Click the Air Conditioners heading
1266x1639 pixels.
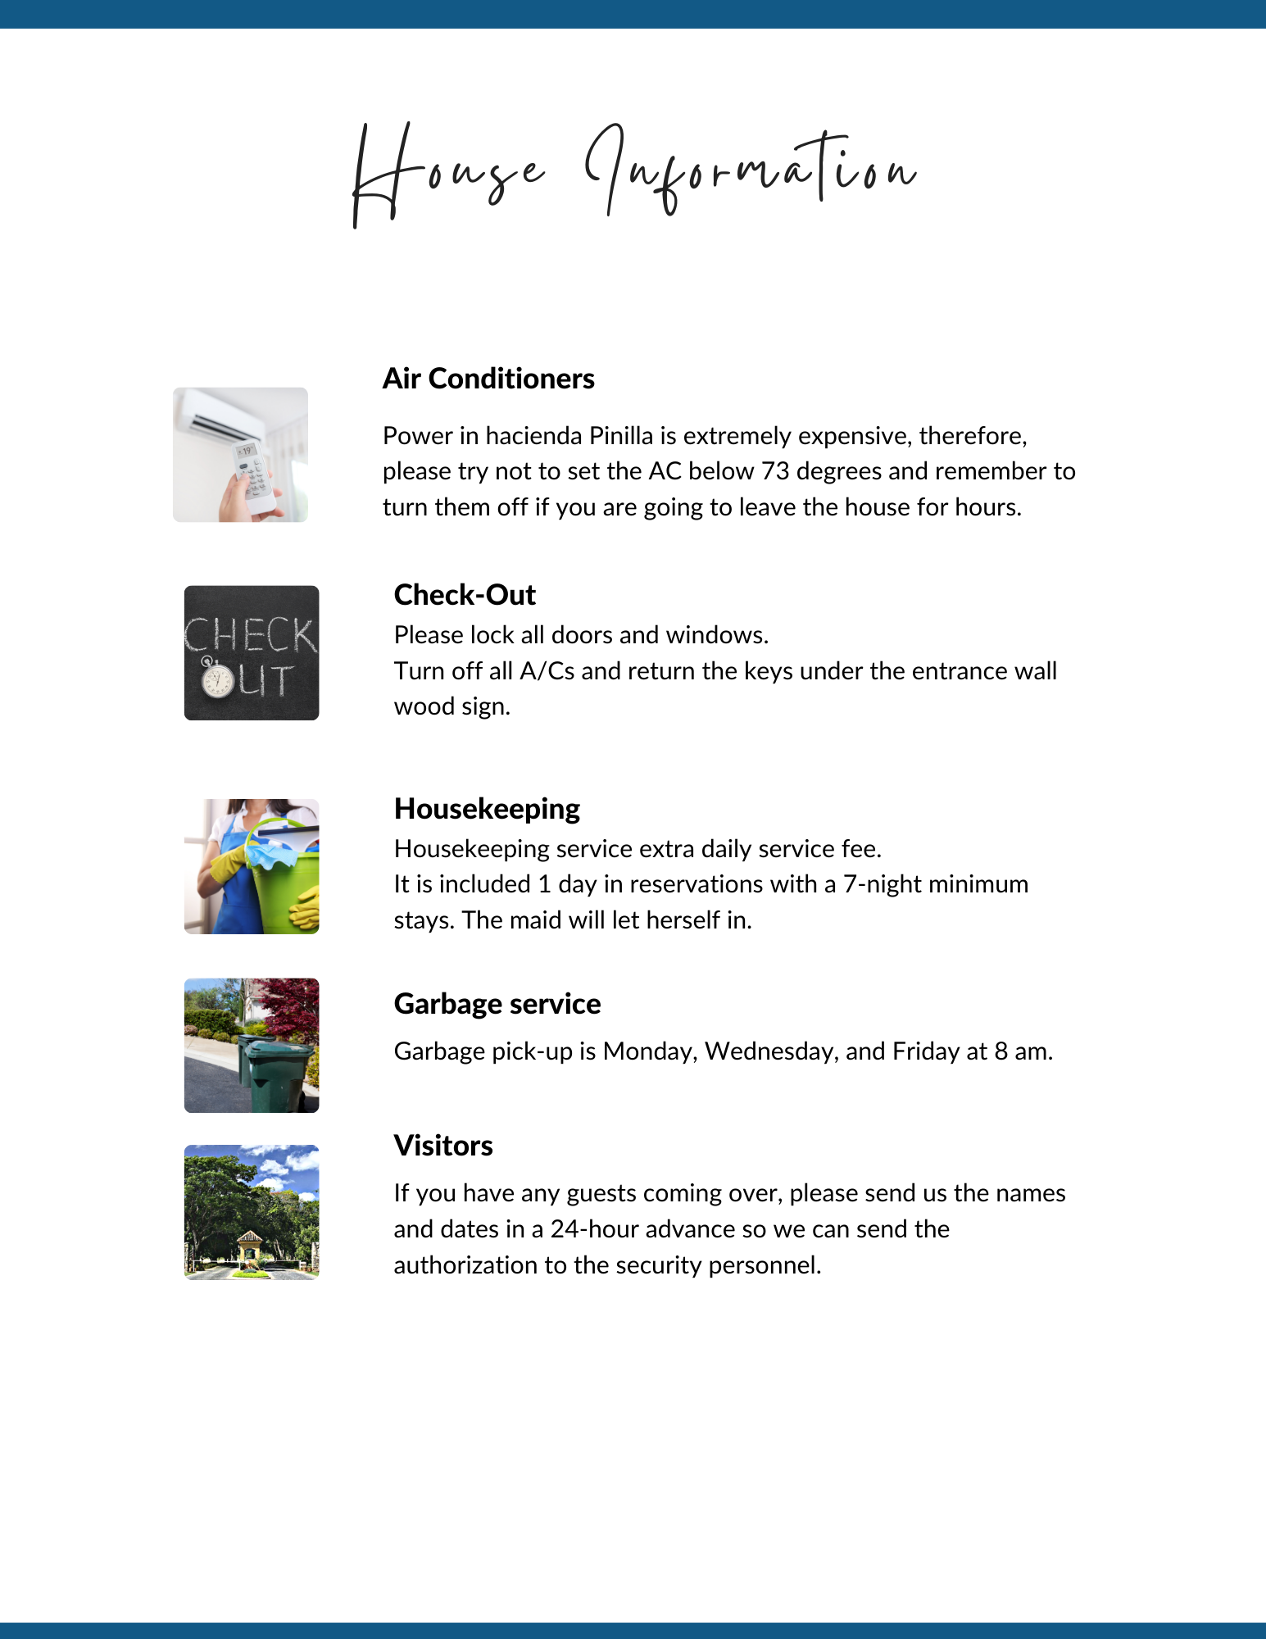coord(488,379)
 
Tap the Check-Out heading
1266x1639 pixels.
coord(465,595)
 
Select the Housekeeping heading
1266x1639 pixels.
coord(487,809)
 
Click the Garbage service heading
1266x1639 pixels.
coord(497,1004)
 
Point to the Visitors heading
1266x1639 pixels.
coord(443,1146)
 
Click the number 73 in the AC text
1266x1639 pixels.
coord(775,471)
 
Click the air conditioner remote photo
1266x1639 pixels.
coord(240,455)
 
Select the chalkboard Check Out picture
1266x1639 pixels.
coord(252,653)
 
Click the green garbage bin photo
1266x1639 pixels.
coord(252,1046)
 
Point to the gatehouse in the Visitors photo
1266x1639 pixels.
coord(250,1251)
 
